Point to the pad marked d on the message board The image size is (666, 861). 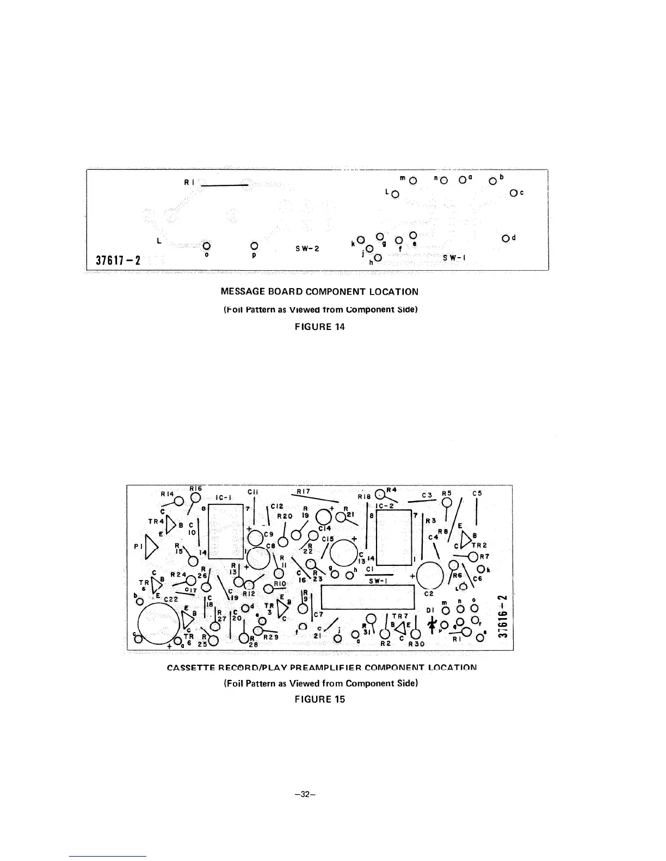(506, 238)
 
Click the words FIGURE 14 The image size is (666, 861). (319, 327)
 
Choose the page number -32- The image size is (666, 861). (305, 794)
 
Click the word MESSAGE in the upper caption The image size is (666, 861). (242, 291)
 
